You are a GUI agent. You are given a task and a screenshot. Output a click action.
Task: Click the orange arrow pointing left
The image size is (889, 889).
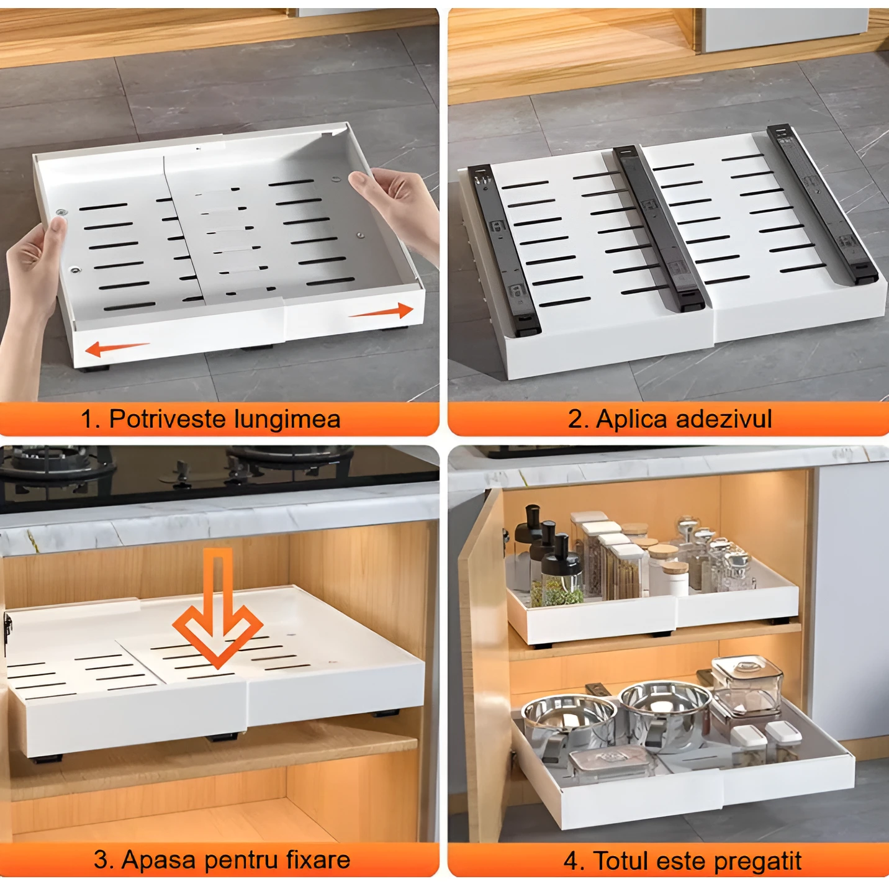(117, 348)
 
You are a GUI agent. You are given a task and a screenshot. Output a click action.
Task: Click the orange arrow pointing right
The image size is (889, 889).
(381, 312)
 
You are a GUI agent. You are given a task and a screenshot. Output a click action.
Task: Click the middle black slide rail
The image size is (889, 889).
(659, 228)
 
